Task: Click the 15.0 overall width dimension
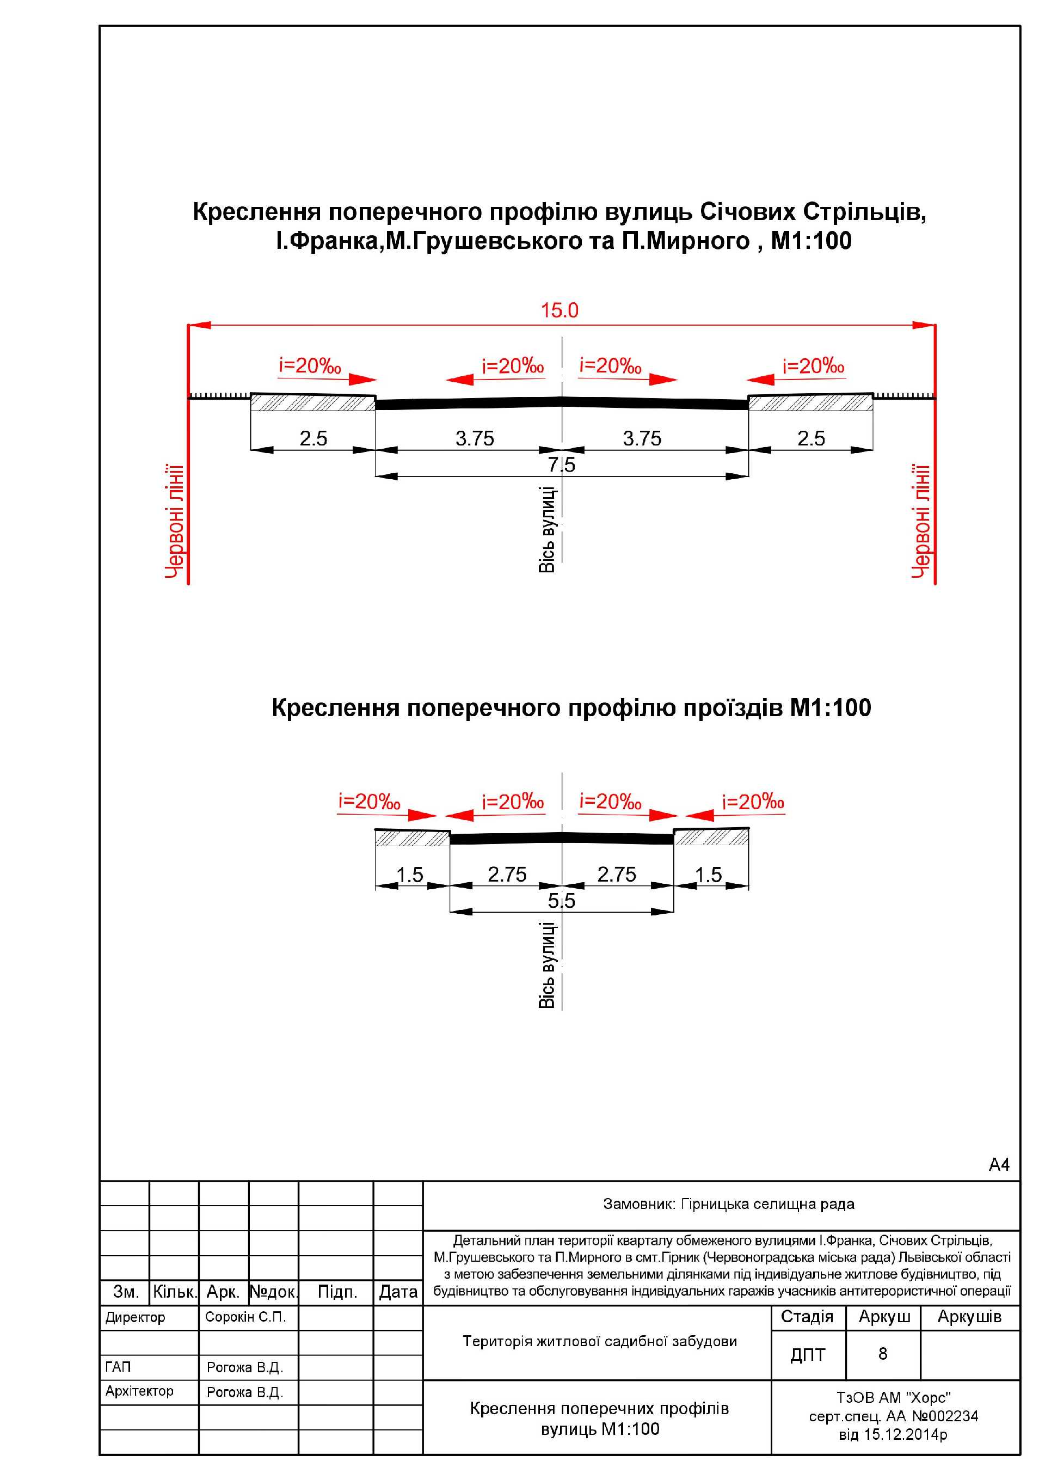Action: [559, 310]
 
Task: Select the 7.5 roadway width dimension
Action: [562, 465]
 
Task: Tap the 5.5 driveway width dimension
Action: [562, 901]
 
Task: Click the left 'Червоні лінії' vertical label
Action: [175, 521]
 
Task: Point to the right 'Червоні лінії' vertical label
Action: [921, 521]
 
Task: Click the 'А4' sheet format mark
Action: [999, 1165]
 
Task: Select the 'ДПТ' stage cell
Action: [807, 1355]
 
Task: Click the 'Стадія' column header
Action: [807, 1317]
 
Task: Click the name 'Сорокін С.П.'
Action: [245, 1317]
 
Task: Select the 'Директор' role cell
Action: [135, 1318]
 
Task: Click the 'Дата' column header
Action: [398, 1292]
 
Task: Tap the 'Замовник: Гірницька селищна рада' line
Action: [728, 1204]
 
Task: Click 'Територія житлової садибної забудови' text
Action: [599, 1341]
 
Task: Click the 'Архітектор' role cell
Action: [139, 1391]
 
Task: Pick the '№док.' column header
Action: [273, 1292]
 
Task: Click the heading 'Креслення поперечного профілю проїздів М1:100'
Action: [571, 708]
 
